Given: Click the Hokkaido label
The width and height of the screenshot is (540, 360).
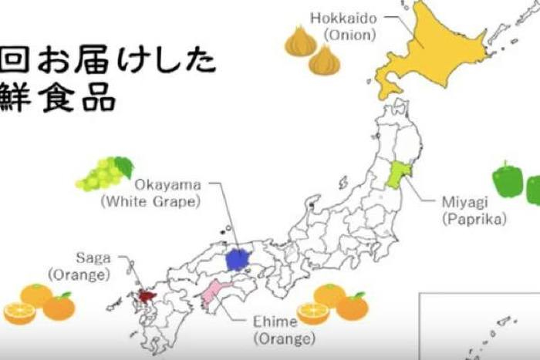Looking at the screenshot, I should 343,18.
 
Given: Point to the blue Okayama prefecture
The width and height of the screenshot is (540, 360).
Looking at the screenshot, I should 240,257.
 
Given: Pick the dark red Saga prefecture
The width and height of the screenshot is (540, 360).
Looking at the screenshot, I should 147,294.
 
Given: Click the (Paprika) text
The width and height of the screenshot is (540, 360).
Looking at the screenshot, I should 474,219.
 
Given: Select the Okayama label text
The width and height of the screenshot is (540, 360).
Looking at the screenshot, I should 167,185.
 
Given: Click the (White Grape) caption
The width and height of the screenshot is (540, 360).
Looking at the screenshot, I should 150,202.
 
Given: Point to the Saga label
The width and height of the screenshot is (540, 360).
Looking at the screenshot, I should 93,257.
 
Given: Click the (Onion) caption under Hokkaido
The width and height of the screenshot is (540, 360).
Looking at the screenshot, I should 349,35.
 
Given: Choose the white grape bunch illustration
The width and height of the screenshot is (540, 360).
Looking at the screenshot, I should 103,173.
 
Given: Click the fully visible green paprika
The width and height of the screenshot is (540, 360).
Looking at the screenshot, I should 508,180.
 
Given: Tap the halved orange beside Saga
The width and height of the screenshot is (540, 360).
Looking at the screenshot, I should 19,312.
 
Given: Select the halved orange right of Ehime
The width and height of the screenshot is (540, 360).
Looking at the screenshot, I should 313,312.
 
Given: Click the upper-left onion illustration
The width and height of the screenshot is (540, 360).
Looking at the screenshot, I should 300,42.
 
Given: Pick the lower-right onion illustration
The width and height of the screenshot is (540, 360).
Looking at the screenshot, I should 325,60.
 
